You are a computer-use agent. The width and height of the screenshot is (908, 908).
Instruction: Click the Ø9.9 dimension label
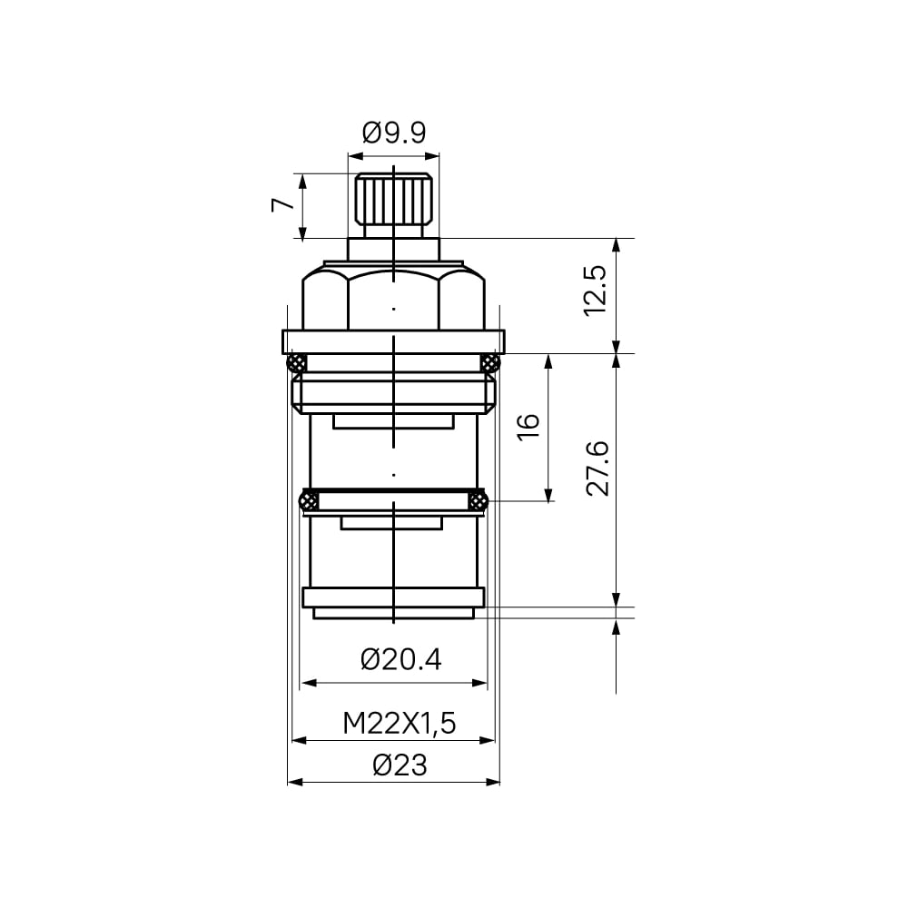coord(394,133)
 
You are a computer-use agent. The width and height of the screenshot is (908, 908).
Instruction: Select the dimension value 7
coord(282,204)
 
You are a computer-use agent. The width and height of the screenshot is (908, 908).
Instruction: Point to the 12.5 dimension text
coord(595,291)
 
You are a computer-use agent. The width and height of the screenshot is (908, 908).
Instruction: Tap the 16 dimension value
coord(528,428)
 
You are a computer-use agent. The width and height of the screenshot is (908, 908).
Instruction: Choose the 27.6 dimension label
coord(597,469)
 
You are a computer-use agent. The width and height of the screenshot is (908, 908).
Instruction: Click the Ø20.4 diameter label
coord(400,659)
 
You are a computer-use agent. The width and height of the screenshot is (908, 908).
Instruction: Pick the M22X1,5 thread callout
coord(400,724)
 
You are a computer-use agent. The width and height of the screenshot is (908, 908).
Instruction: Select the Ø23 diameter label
coord(400,765)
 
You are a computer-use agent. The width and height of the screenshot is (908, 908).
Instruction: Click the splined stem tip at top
coord(394,199)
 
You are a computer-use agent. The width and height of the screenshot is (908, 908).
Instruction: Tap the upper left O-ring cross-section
coord(297,363)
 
